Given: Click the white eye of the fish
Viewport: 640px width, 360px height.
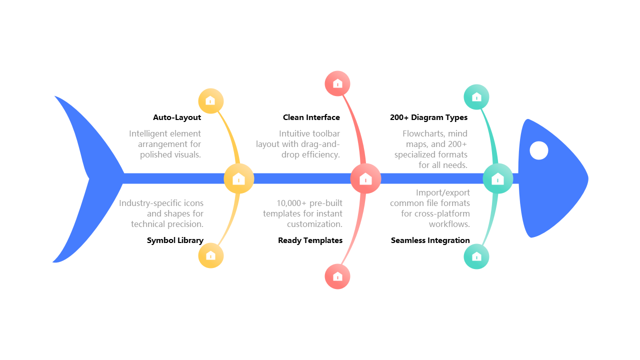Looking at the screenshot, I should point(538,150).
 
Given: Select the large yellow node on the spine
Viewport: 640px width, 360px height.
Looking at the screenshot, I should point(238,178).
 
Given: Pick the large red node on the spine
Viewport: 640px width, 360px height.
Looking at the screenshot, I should point(365,178).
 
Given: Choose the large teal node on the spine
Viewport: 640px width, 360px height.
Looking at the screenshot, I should point(497,178).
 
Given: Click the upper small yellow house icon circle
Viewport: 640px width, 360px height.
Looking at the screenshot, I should point(210,101).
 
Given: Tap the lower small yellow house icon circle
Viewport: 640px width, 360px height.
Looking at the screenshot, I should point(210,255).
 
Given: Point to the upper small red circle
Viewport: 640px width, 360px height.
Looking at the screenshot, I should point(337,83).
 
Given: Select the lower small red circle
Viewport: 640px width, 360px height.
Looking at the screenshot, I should point(337,276).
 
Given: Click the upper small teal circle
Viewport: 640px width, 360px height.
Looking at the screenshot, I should point(476,97).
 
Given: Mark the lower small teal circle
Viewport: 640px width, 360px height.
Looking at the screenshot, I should point(476,256).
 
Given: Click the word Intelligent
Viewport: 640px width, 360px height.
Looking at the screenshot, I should point(148,133).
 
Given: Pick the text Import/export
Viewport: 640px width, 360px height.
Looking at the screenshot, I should point(442,192).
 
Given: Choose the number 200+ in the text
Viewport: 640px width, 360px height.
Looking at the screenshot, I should point(456,144).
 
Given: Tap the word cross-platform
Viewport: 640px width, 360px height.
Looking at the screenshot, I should point(442,213).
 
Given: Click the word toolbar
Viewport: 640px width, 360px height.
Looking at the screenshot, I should point(326,133).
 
